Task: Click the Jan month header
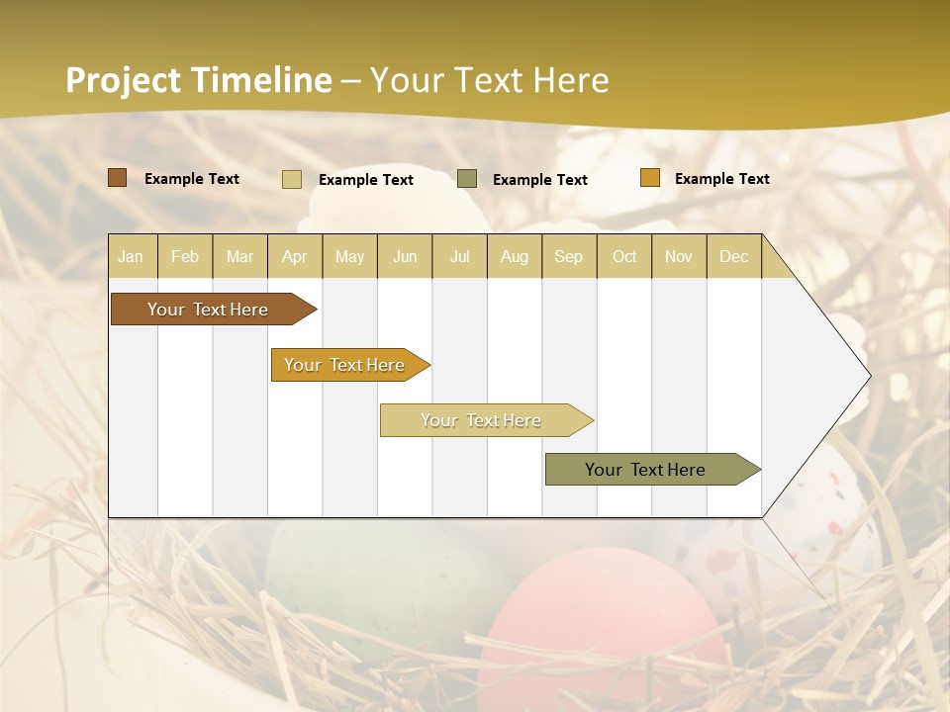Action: [131, 256]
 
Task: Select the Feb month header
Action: [185, 256]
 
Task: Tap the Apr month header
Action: [294, 256]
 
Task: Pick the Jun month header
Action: [405, 256]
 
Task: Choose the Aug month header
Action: [515, 256]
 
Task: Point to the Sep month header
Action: [569, 256]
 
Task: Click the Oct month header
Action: [624, 256]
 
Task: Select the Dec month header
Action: [733, 256]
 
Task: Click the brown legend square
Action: [118, 178]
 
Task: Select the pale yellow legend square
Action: [292, 179]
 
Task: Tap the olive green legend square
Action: [467, 179]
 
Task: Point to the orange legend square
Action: [650, 178]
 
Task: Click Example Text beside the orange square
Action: [721, 179]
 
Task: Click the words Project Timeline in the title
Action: [199, 80]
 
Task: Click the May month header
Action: [349, 256]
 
